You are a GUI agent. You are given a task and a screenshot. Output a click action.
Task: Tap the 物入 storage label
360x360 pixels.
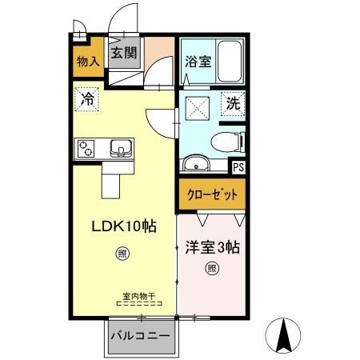click(87, 61)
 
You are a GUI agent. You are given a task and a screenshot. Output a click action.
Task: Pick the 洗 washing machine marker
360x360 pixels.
click(232, 103)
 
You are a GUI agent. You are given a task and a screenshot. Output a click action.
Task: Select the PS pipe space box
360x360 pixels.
click(238, 166)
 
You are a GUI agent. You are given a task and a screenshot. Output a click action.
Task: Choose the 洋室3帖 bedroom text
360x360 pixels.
click(211, 246)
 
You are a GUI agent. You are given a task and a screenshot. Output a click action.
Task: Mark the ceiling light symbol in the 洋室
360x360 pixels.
click(211, 268)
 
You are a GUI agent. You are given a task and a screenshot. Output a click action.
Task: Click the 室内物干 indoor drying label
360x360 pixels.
click(138, 296)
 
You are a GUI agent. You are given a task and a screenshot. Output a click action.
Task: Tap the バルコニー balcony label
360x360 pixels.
click(140, 335)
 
